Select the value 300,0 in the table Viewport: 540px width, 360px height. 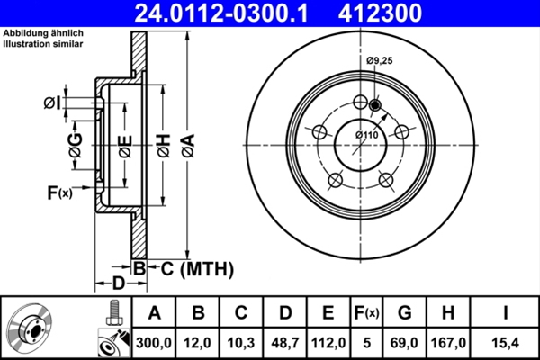point(154,342)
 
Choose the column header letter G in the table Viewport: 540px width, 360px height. point(405,312)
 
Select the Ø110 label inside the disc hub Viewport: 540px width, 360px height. point(366,134)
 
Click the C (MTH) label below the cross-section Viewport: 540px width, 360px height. point(191,268)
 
